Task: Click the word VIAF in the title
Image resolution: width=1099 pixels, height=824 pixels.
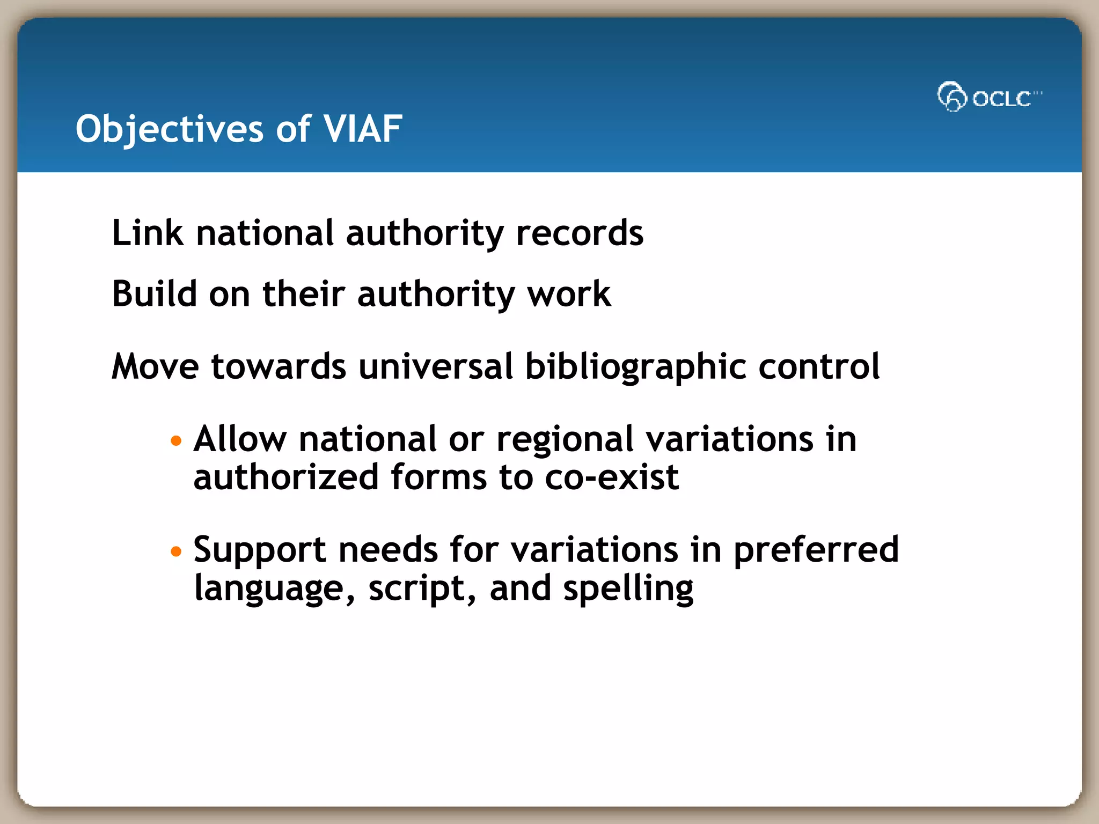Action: tap(363, 129)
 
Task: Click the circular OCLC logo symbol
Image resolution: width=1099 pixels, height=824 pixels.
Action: tap(952, 97)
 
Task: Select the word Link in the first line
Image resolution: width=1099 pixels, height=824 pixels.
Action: tap(147, 233)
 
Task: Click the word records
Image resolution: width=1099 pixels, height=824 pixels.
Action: tap(579, 233)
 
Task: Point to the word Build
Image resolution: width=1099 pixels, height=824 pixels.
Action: tap(154, 294)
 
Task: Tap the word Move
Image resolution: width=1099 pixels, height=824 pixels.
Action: tap(155, 366)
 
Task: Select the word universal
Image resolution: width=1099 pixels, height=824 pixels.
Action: tap(435, 366)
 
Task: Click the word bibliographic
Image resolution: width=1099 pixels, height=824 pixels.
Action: tap(635, 367)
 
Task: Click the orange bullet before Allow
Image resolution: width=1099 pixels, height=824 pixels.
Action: tap(176, 441)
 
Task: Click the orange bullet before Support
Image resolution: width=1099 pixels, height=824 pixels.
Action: tap(176, 551)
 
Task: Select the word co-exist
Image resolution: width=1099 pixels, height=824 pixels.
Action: tap(612, 477)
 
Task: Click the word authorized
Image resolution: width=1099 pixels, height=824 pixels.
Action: tap(286, 477)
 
